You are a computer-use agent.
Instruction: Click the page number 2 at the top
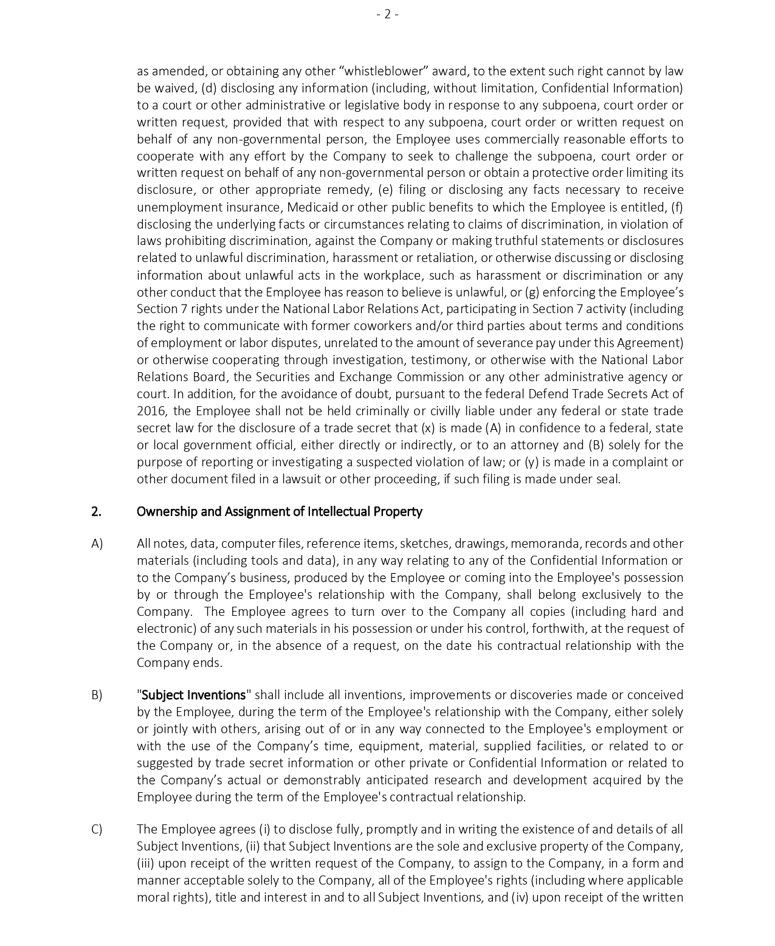click(387, 14)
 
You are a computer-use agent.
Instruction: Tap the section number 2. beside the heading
click(96, 511)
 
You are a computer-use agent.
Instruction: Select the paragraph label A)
click(97, 544)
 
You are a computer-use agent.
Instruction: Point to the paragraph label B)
click(97, 695)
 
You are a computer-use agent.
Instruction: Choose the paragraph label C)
click(97, 829)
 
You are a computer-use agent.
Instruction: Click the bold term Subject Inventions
click(194, 695)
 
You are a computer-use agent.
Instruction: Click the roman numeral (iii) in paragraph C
click(145, 863)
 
